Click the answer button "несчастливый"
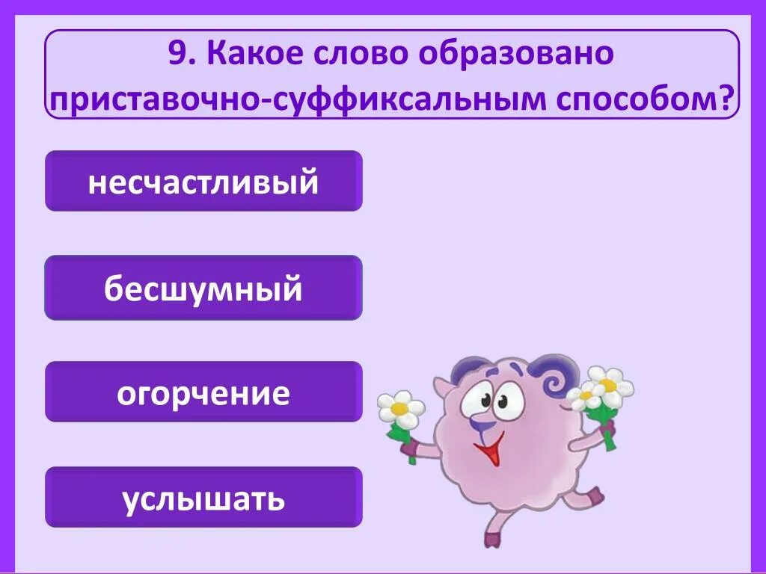(x=203, y=182)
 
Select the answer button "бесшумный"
(x=203, y=288)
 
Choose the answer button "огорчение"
(x=203, y=392)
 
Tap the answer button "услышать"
(x=203, y=498)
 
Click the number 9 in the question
(x=176, y=55)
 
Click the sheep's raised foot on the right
(x=594, y=496)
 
